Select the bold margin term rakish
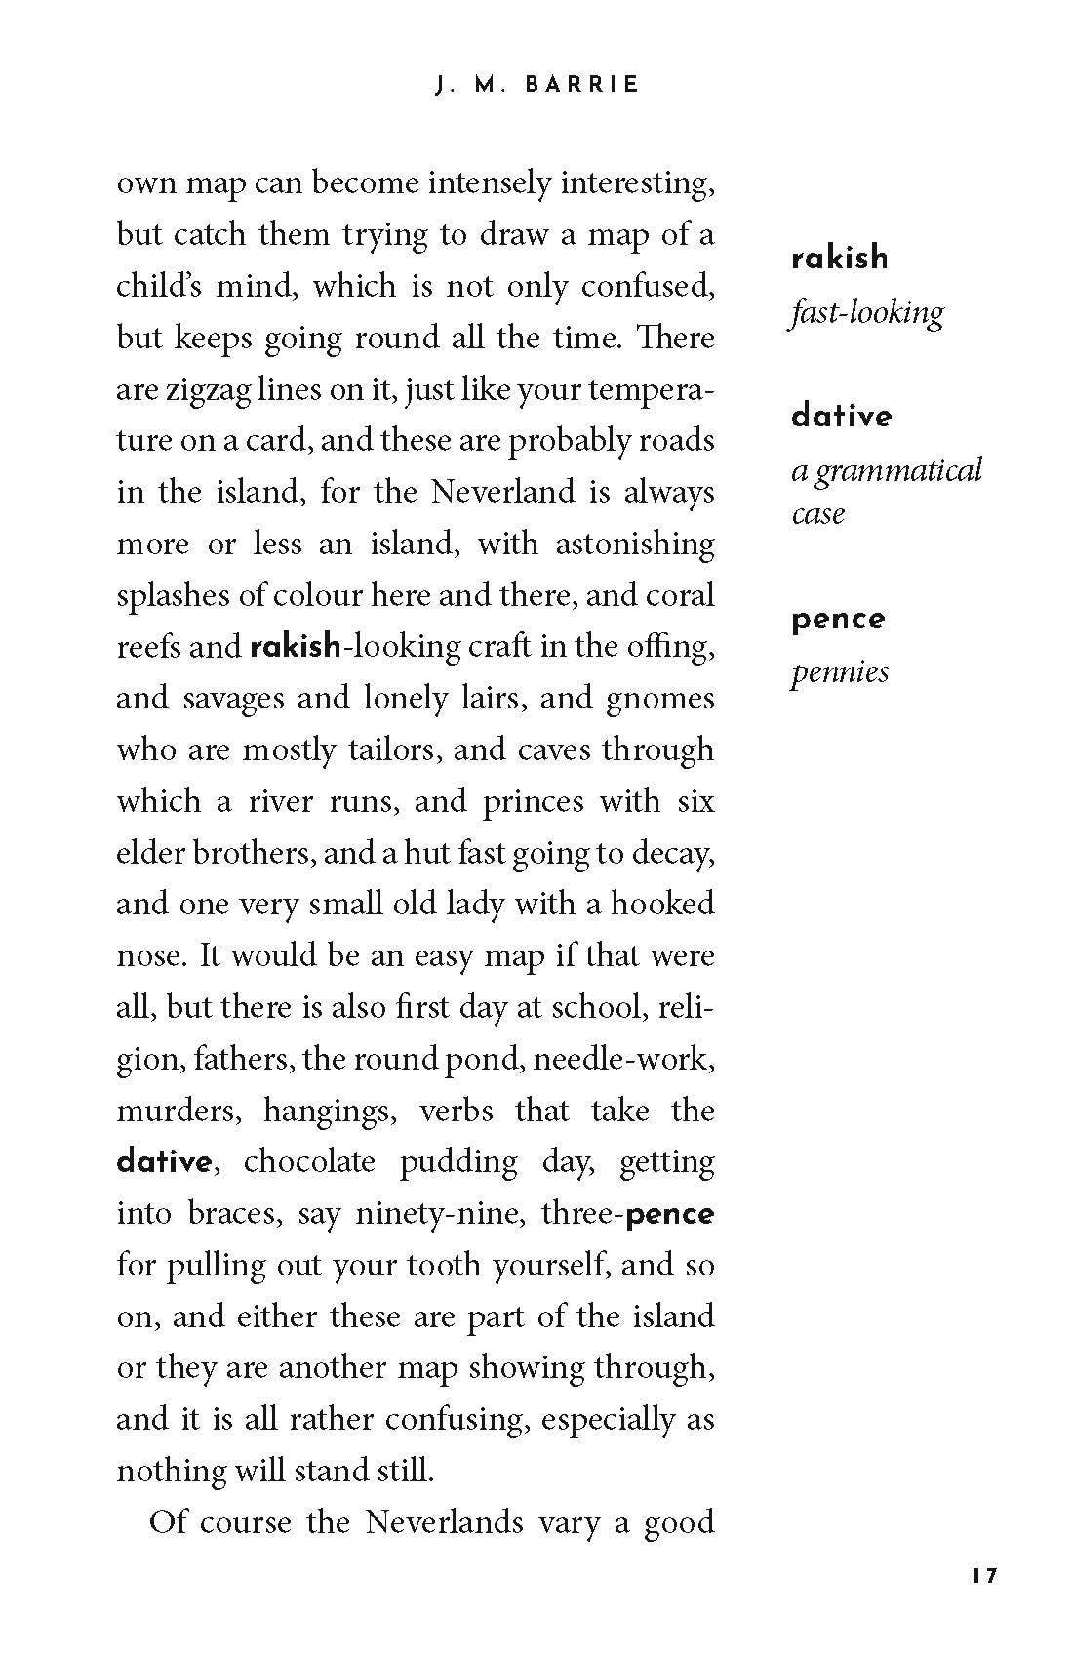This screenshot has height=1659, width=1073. tap(840, 259)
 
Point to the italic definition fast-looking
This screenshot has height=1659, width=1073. tap(866, 313)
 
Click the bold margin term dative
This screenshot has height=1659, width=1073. tap(841, 417)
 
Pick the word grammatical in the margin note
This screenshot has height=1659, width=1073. tap(898, 471)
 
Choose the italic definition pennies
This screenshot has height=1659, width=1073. tap(839, 672)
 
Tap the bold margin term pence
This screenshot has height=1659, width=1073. tap(838, 620)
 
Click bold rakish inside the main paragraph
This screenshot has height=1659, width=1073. tap(296, 646)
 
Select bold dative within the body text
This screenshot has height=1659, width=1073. tap(164, 1162)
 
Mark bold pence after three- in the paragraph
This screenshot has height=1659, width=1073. tap(670, 1214)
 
